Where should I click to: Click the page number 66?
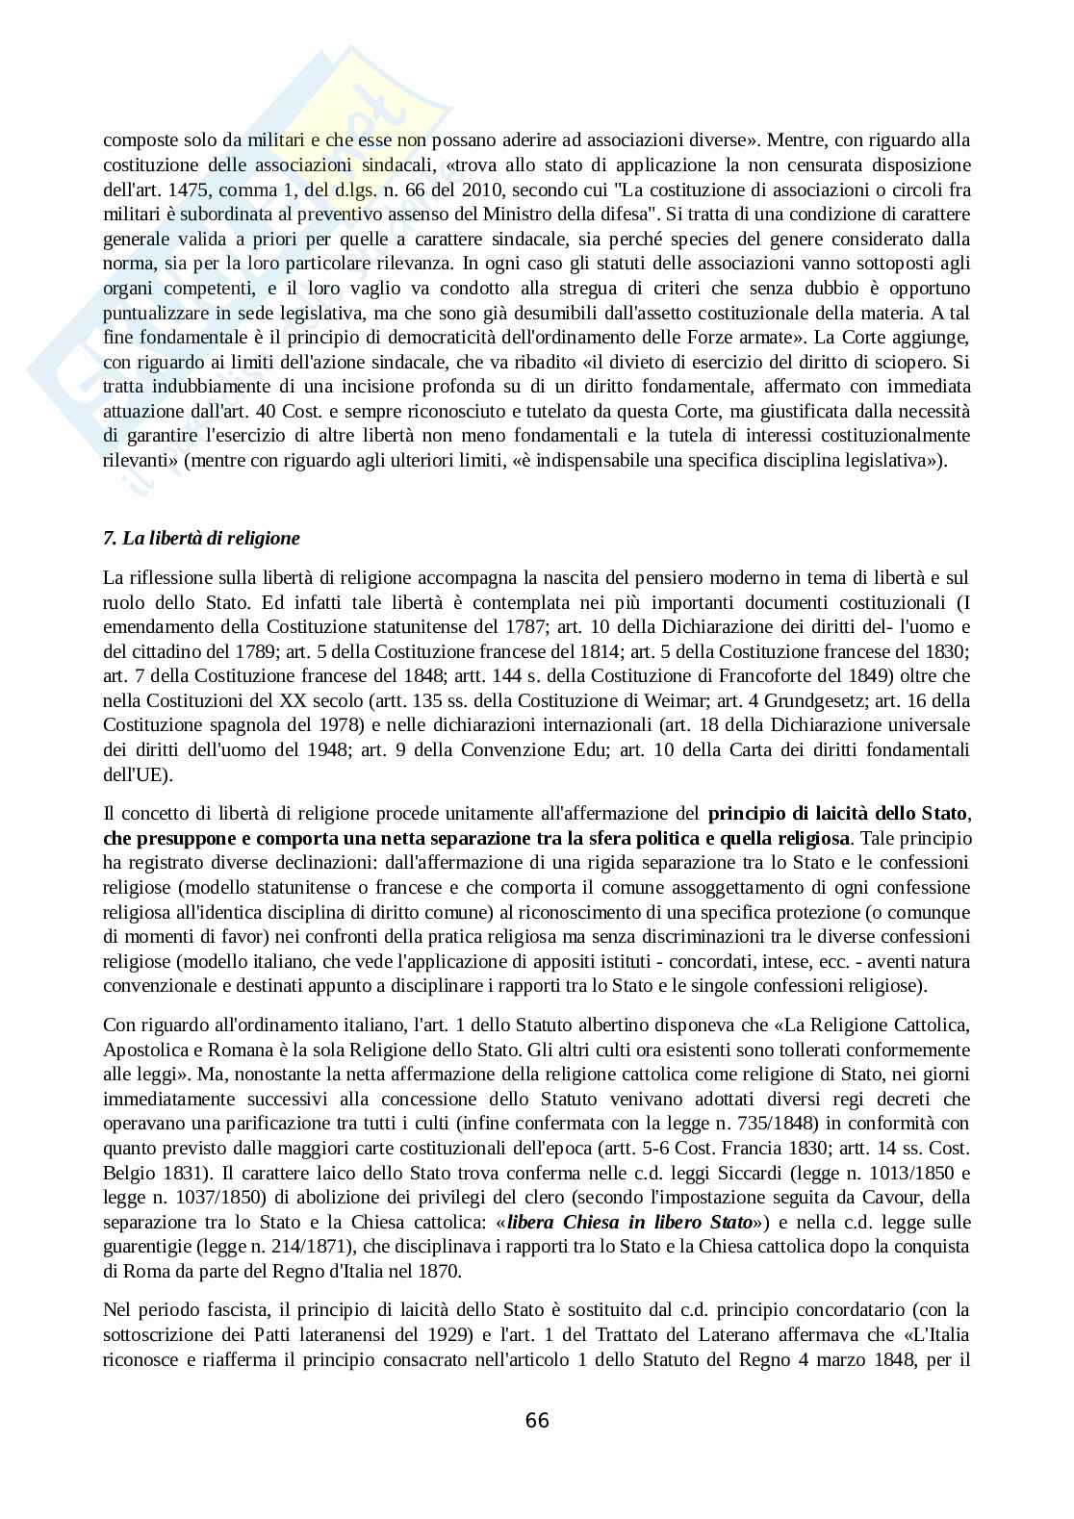coord(537,1420)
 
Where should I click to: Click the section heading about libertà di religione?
coord(202,539)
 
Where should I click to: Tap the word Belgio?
coord(126,1173)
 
